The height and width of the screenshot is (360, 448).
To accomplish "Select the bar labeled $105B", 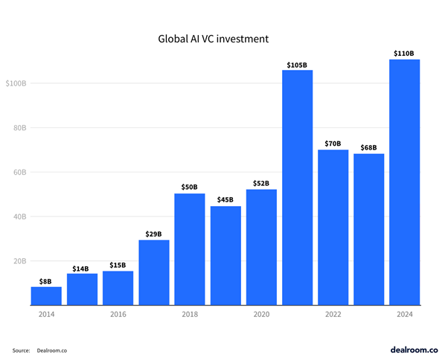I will pos(297,187).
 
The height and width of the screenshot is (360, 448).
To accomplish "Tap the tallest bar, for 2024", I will pos(405,182).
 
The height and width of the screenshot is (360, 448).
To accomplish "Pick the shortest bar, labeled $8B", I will pos(46,295).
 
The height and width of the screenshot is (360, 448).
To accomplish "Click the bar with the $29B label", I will pos(154,272).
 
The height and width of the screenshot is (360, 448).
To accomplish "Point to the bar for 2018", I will pos(190,249).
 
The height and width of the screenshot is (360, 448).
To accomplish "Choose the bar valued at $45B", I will pos(225,255).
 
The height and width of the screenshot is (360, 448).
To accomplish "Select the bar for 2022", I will pos(333,227).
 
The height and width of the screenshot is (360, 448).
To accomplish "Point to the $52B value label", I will pos(261,182).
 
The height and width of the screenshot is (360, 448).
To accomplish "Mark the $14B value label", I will pos(82,267).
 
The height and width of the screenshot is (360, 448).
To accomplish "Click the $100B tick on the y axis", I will pos(17,83).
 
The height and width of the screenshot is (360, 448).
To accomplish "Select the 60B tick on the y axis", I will pos(20,172).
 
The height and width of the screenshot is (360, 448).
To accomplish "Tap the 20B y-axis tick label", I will pos(20,261).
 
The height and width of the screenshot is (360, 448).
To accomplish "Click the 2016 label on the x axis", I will pos(118,315).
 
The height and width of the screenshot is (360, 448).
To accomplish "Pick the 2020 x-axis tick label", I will pos(261,315).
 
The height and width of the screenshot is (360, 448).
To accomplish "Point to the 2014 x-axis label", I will pos(46,315).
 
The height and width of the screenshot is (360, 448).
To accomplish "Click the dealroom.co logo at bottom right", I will pos(414,348).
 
